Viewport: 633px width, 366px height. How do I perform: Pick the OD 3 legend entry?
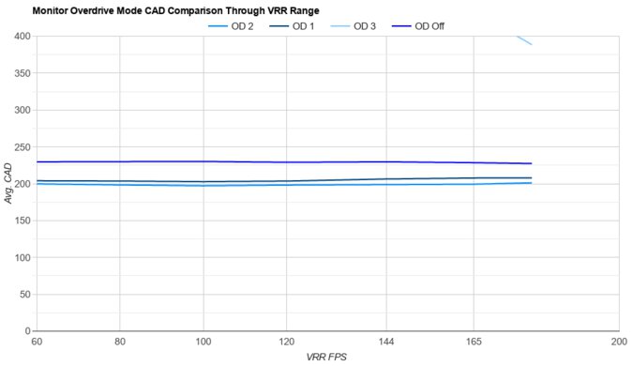pos(364,25)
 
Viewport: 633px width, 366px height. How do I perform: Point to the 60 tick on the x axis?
pos(37,343)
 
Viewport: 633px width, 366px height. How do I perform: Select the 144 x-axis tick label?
pos(386,343)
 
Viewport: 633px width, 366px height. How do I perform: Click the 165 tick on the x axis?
pos(473,343)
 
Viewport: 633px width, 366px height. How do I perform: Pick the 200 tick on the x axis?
pos(618,343)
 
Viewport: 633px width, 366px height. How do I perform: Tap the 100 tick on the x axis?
pos(203,343)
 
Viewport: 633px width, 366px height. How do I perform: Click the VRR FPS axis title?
pos(327,358)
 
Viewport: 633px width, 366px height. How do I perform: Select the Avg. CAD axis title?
pos(8,184)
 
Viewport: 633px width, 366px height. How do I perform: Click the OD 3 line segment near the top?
pos(524,40)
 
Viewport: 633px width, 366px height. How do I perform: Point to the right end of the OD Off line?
pos(532,163)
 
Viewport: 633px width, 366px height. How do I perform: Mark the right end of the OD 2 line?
pos(532,183)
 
